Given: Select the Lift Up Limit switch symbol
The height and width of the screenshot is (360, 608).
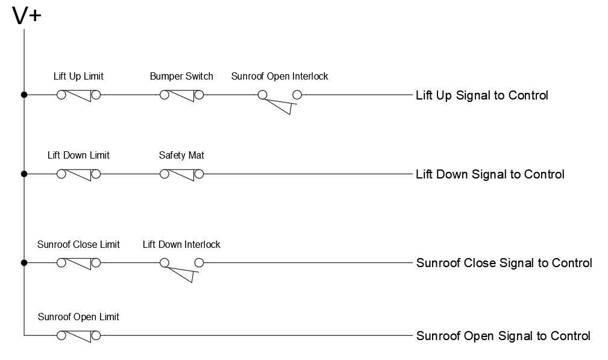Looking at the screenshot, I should (x=78, y=95).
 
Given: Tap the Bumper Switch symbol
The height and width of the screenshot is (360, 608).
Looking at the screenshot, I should (x=181, y=95).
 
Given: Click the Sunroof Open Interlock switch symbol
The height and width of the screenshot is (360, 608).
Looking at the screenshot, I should (x=280, y=99).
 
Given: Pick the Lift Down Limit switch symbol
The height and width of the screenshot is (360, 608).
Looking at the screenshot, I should (x=78, y=174).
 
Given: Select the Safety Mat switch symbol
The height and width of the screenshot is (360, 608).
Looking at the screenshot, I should (x=181, y=174).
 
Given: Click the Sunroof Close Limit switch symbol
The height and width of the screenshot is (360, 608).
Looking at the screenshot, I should (x=78, y=263).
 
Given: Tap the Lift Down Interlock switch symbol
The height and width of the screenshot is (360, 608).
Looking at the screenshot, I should (x=181, y=268).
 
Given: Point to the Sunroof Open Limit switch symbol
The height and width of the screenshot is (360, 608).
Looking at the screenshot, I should (x=78, y=335).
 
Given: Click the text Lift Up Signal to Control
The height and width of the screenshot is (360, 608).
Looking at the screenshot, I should (x=482, y=95).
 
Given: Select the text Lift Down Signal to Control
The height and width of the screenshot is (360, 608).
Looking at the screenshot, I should (x=490, y=174).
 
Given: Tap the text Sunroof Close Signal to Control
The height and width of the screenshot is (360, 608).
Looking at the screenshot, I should (x=504, y=263).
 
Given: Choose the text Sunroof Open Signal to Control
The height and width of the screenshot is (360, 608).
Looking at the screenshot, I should (x=503, y=336).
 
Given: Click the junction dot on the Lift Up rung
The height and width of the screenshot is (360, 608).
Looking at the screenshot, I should (x=24, y=95).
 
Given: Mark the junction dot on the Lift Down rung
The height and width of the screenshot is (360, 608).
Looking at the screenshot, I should (x=24, y=174).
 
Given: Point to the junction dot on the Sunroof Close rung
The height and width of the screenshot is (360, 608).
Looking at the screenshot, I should (x=24, y=263).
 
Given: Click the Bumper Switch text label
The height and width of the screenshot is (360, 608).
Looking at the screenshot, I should (x=181, y=77).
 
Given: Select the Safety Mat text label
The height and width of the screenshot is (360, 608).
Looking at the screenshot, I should (x=181, y=156).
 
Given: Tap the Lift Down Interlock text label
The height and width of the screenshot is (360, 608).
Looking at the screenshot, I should (x=181, y=245).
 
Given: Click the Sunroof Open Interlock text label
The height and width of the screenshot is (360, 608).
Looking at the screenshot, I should (x=280, y=77).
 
